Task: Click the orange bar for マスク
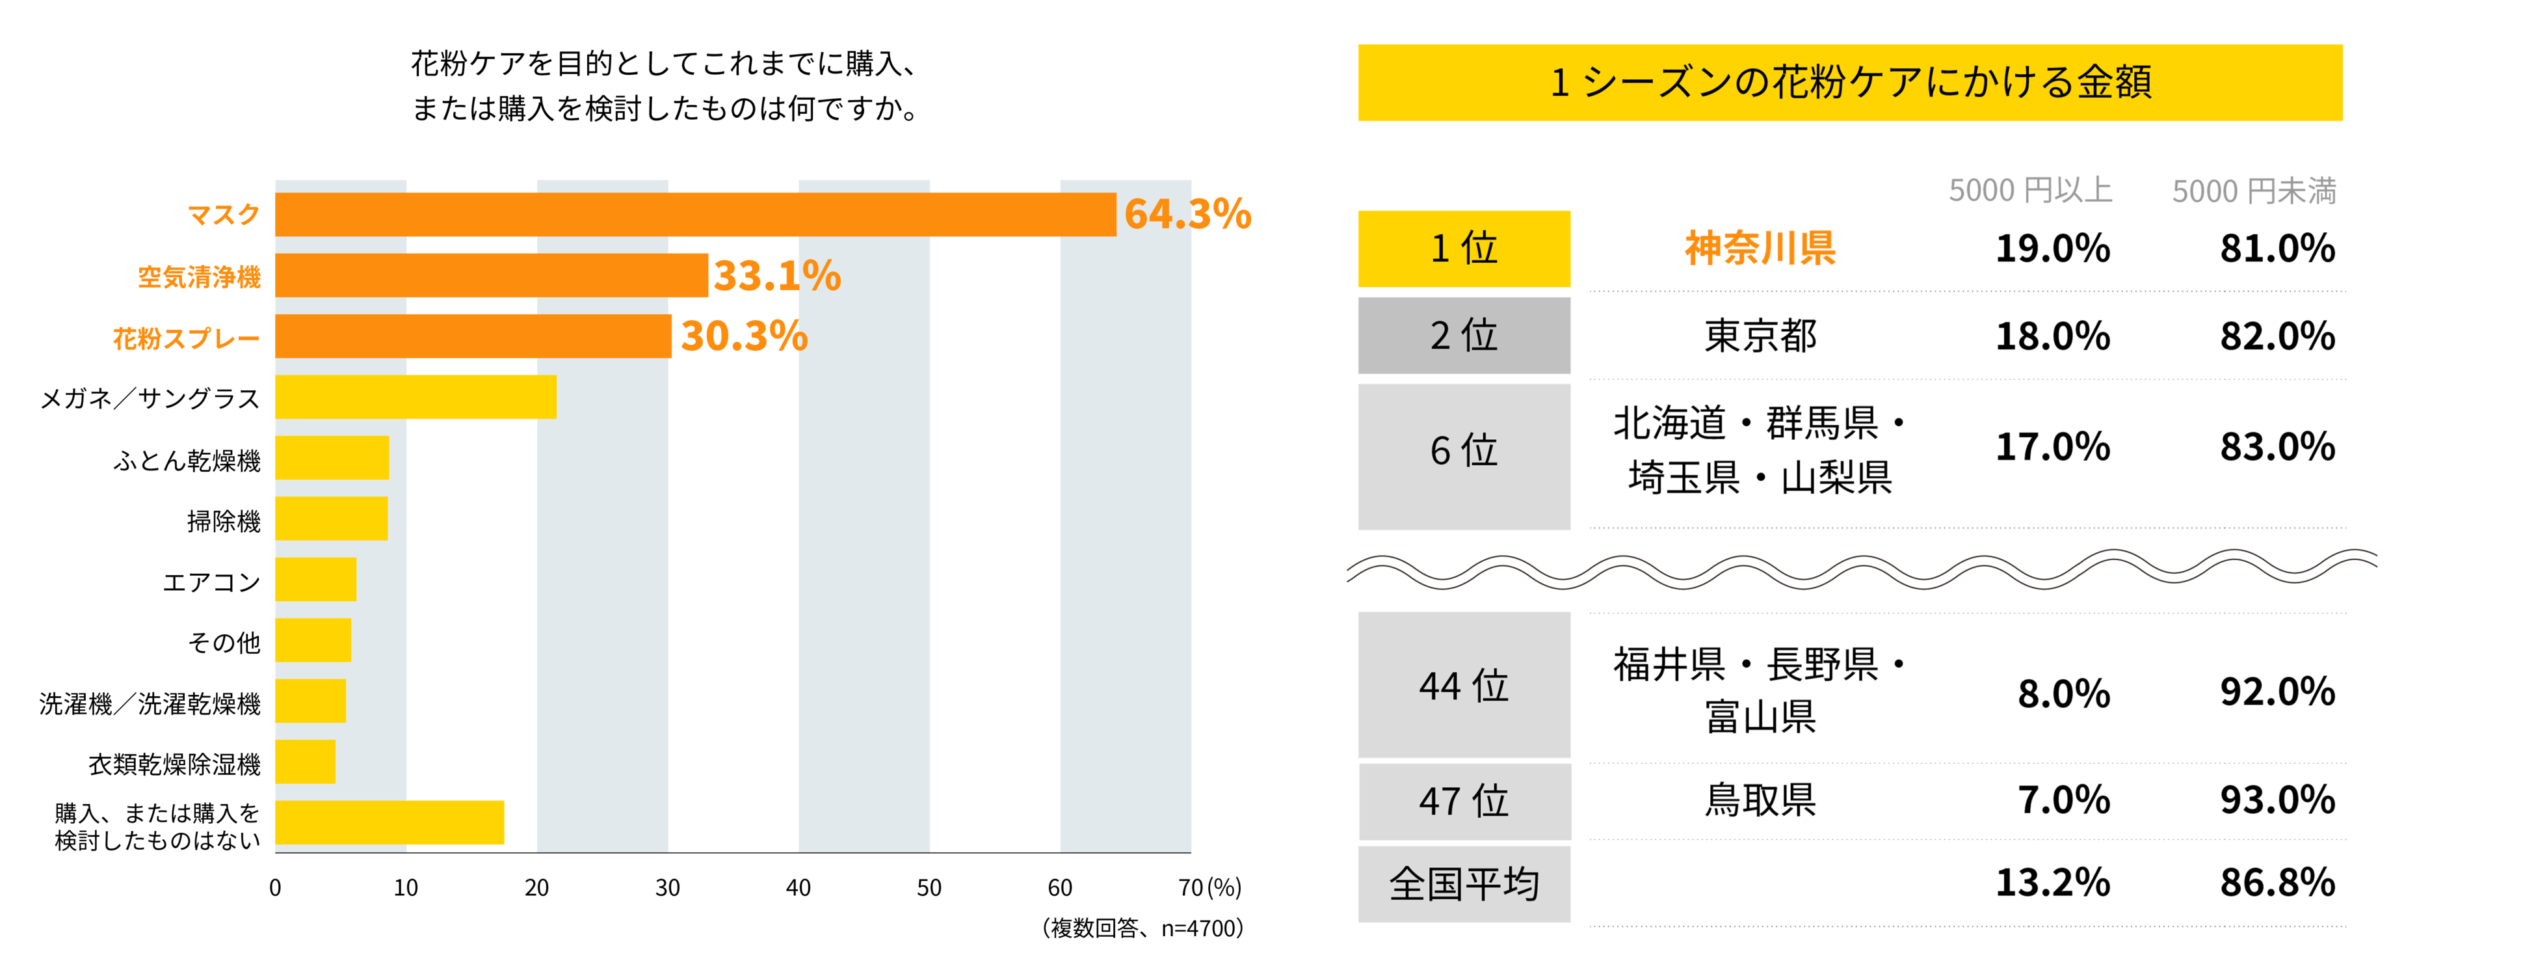coord(695,215)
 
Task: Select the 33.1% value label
coord(777,276)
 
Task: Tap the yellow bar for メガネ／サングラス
coord(416,397)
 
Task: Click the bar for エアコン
coord(315,579)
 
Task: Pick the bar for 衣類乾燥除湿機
coord(305,761)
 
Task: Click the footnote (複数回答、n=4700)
coord(1142,928)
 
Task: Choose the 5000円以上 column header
coord(2030,190)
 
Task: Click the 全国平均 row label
coord(1463,884)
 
